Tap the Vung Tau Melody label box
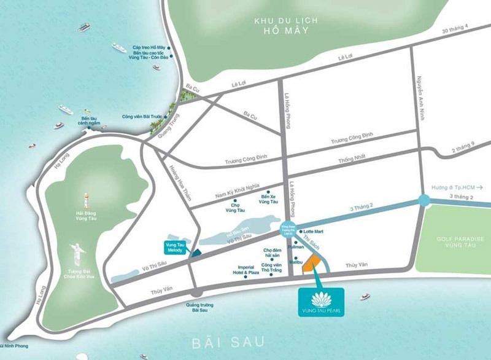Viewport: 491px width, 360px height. click(x=176, y=247)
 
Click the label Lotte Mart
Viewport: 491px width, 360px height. click(x=314, y=231)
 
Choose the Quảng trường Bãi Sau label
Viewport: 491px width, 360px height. click(x=196, y=308)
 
